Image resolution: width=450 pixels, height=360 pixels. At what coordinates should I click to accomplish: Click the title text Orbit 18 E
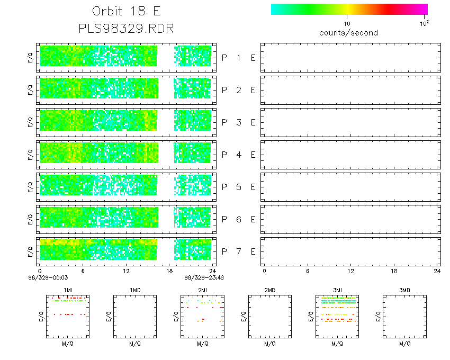126,12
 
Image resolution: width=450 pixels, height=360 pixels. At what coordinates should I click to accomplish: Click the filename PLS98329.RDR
126,28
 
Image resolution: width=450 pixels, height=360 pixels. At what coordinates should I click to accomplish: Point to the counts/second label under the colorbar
348,33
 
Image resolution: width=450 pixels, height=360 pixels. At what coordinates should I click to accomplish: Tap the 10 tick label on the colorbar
347,24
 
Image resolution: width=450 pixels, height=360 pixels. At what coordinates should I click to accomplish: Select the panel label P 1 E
238,58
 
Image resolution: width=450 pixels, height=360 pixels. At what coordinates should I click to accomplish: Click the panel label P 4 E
238,155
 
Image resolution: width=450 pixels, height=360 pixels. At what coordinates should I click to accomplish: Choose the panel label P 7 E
238,251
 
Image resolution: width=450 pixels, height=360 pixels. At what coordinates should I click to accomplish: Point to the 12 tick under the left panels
126,271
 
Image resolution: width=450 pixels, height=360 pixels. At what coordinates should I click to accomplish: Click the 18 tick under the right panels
394,271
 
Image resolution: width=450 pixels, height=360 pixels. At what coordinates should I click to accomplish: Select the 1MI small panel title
67,290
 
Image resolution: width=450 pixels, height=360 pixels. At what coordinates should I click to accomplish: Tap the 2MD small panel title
269,290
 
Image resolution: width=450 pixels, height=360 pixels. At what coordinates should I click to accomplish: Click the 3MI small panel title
337,290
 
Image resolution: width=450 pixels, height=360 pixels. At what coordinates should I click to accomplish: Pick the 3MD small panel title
404,290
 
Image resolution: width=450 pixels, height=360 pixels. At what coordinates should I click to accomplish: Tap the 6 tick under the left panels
83,271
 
